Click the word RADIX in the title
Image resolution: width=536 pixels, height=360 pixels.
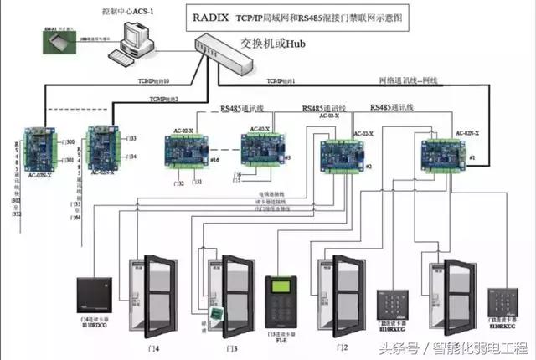point(214,16)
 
